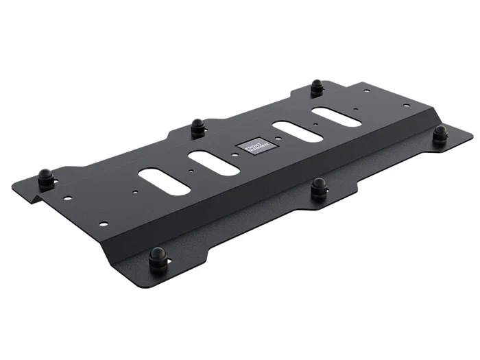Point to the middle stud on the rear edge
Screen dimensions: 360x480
tap(197, 127)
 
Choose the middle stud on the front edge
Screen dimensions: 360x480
tap(318, 187)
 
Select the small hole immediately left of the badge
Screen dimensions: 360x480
tap(235, 156)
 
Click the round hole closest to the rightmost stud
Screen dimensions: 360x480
tap(405, 105)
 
